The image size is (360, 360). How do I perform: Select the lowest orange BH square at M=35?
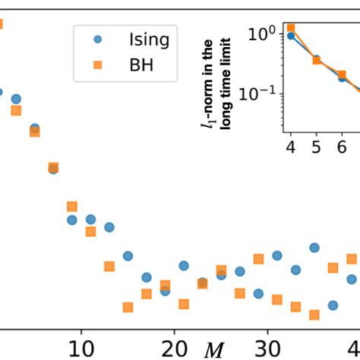click(x=314, y=314)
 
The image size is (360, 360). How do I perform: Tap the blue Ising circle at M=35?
click(x=314, y=248)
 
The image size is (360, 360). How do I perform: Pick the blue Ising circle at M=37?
click(x=333, y=305)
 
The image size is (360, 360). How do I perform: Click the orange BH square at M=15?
click(x=128, y=307)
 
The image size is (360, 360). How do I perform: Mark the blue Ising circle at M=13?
click(x=109, y=227)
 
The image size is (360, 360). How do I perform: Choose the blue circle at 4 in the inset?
click(x=291, y=36)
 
